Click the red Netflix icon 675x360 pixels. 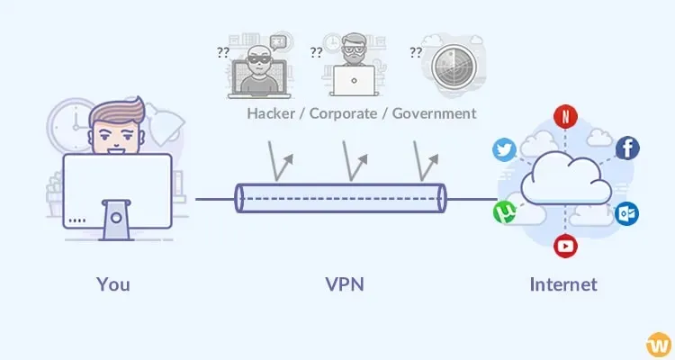coord(565,116)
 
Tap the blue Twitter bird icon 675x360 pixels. coord(504,150)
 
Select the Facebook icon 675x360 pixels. coord(627,148)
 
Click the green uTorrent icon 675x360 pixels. coord(505,211)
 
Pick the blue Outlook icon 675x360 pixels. coord(626,213)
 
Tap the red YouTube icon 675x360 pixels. coord(565,246)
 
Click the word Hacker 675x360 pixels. coord(271,113)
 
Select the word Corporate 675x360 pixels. coord(344,114)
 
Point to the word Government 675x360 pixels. coord(434,113)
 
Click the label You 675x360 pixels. coord(113,284)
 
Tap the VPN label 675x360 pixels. coord(345,284)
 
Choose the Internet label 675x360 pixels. coord(563,284)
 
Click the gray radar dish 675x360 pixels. coord(454,67)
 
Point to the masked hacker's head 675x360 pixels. coord(258,59)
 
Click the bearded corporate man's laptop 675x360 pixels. coord(354,81)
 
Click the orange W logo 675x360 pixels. coord(659,345)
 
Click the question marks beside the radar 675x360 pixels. coord(416,52)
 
